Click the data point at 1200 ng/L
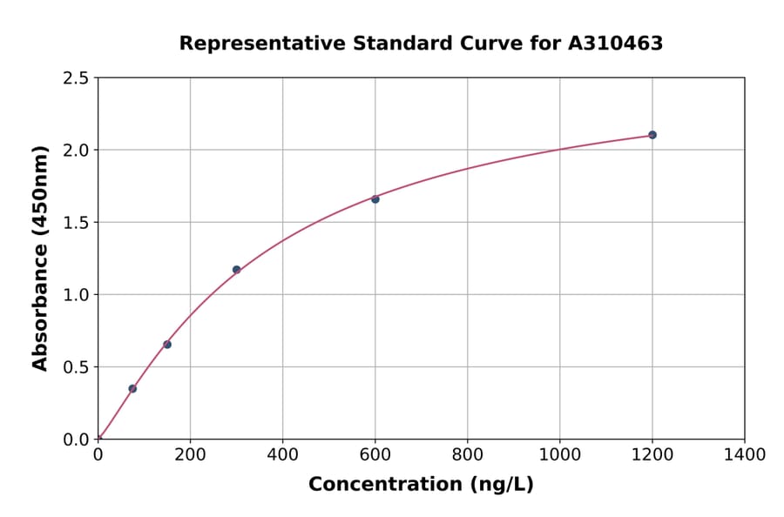pyautogui.click(x=652, y=135)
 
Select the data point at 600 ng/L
pyautogui.click(x=375, y=199)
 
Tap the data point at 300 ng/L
pyautogui.click(x=237, y=270)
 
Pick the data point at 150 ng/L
pyautogui.click(x=167, y=345)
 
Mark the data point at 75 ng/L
pyautogui.click(x=132, y=389)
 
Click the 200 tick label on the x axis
pyautogui.click(x=190, y=454)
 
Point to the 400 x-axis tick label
pyautogui.click(x=282, y=454)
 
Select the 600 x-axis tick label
pyautogui.click(x=375, y=454)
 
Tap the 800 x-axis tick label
pyautogui.click(x=467, y=454)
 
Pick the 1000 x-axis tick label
pyautogui.click(x=559, y=454)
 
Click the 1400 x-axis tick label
pyautogui.click(x=744, y=454)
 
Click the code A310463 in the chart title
pyautogui.click(x=616, y=44)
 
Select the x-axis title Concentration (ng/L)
pyautogui.click(x=421, y=485)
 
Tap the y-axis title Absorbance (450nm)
pyautogui.click(x=40, y=258)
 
